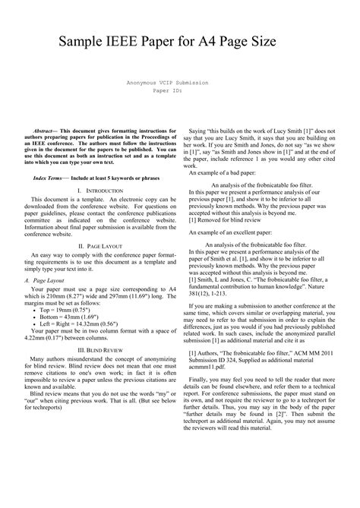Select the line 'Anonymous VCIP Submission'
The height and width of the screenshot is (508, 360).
coord(179,80)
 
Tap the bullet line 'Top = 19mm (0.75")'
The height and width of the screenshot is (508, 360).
coord(67,311)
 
